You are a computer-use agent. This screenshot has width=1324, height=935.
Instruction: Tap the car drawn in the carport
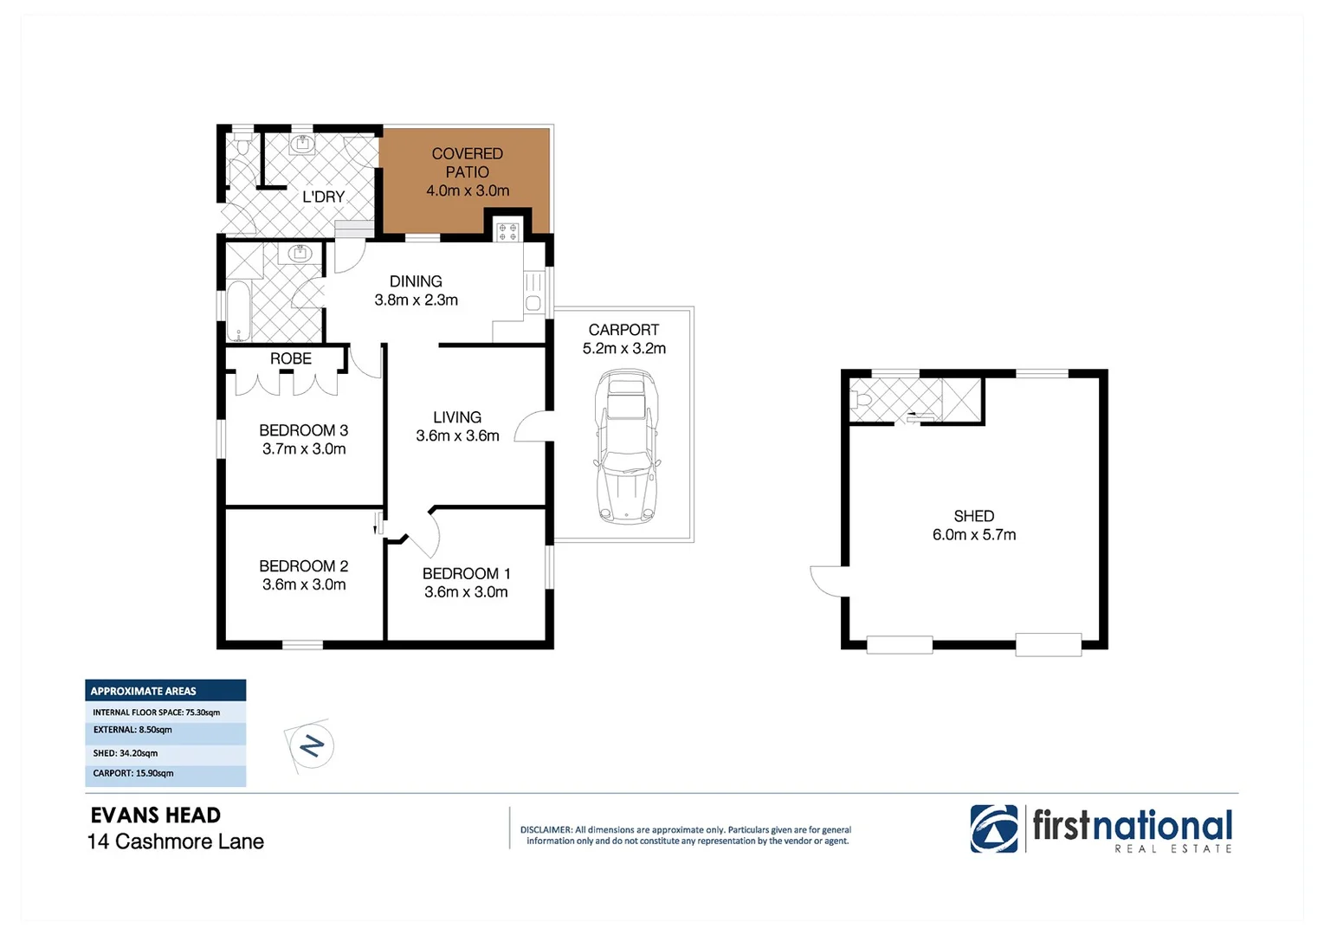click(x=625, y=446)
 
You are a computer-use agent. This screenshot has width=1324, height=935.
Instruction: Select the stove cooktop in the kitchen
click(x=507, y=231)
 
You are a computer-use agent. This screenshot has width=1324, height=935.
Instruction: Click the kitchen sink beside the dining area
click(x=533, y=292)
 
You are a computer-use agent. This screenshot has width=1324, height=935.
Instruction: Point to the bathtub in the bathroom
click(x=238, y=311)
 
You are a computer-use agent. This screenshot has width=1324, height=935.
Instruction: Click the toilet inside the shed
click(x=862, y=401)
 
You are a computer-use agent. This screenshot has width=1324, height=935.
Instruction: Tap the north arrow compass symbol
click(x=310, y=745)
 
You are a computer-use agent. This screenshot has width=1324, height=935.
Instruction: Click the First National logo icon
click(x=993, y=829)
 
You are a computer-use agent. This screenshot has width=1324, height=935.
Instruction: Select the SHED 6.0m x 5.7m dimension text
click(x=973, y=535)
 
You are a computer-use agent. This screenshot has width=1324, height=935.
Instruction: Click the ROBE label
click(x=290, y=358)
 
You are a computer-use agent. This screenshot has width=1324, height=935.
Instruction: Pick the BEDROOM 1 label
click(x=466, y=573)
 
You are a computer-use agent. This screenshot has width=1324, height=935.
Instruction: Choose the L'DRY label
click(x=323, y=197)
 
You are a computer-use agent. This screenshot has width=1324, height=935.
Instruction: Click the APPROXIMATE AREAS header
click(x=144, y=691)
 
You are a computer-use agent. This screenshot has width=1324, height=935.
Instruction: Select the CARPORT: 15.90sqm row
click(x=133, y=773)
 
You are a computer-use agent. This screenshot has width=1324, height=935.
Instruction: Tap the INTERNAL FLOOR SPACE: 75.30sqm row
click(x=157, y=713)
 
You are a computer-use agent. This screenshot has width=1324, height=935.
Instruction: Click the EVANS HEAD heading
click(x=156, y=816)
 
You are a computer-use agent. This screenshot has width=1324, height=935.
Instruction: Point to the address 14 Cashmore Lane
click(x=176, y=841)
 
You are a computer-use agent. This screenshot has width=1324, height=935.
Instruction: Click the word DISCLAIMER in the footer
click(x=546, y=829)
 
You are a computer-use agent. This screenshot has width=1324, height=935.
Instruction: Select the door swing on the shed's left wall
click(x=827, y=581)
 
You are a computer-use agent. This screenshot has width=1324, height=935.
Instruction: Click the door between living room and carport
click(x=531, y=427)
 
